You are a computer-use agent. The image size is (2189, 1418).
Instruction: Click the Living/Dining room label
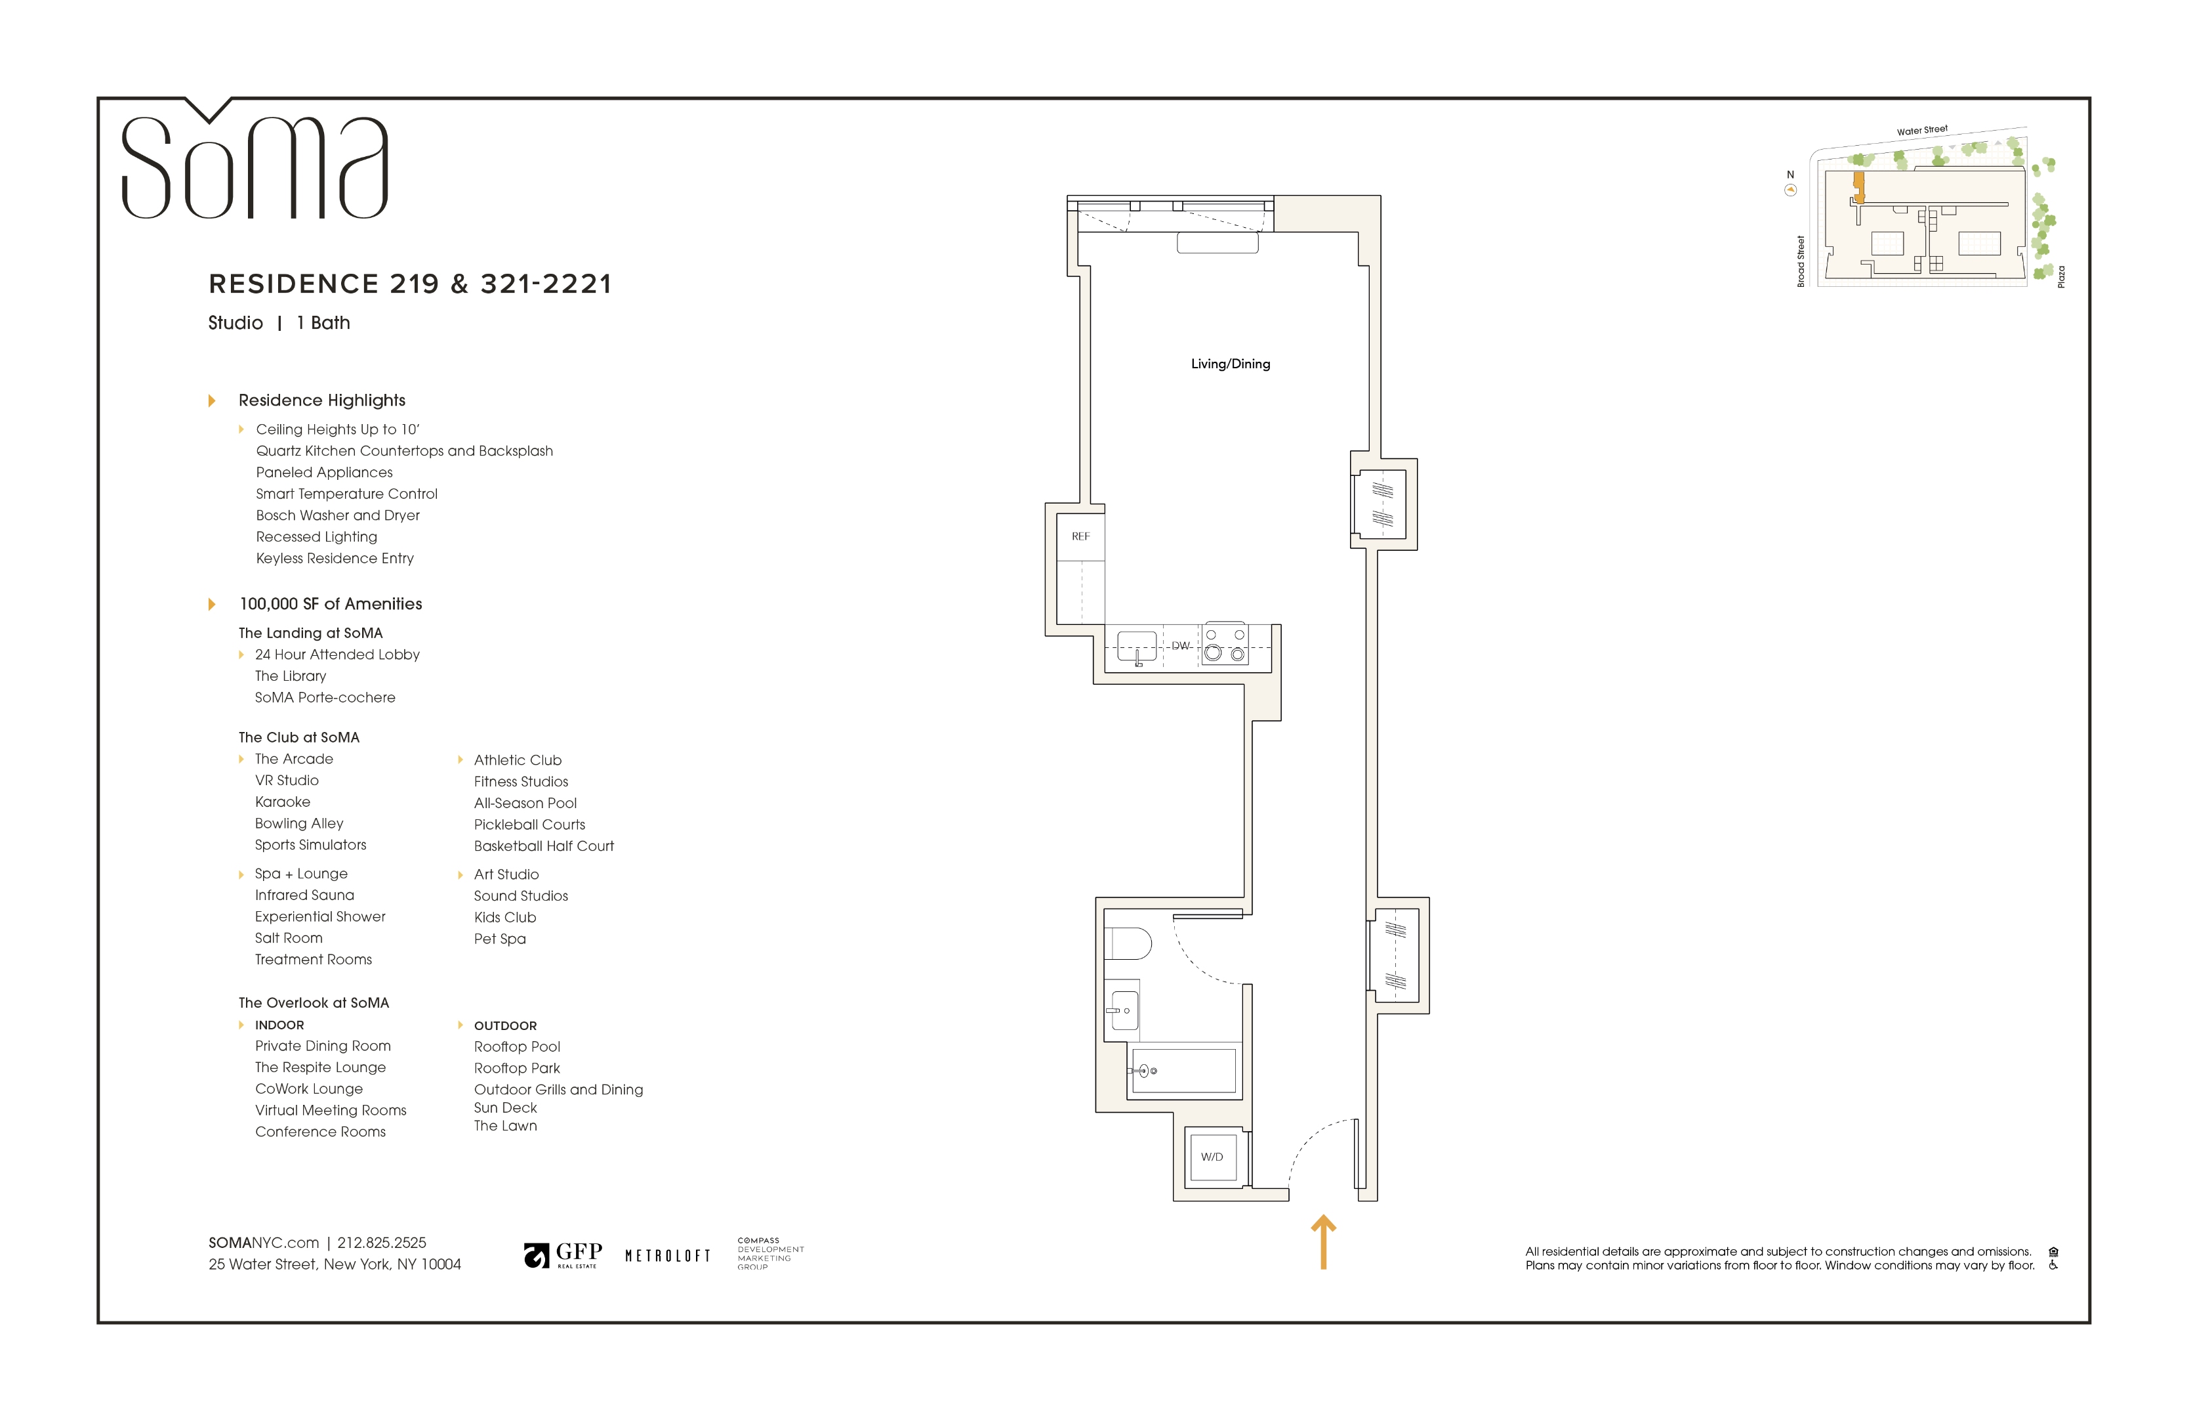point(1230,364)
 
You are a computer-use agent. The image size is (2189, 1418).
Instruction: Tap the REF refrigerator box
point(1080,536)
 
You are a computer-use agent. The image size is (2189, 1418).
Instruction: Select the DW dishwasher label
point(1180,645)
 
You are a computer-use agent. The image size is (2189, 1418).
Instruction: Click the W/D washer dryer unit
point(1212,1157)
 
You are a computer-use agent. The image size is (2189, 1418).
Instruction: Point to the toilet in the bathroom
point(1128,944)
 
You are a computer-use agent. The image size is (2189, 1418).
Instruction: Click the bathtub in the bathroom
point(1184,1070)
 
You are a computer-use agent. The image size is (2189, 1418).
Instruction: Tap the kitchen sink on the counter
point(1137,646)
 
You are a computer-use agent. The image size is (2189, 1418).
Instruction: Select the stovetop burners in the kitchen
point(1225,645)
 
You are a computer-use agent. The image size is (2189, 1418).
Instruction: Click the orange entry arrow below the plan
point(1322,1242)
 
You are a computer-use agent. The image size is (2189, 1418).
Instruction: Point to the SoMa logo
point(255,165)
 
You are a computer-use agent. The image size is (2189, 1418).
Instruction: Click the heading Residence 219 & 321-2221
point(410,284)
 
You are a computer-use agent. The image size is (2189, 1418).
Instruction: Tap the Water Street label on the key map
point(1921,131)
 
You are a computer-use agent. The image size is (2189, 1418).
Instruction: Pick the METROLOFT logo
point(668,1255)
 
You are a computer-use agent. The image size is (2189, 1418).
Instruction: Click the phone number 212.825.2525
point(382,1242)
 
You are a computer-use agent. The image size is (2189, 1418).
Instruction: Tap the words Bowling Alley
point(299,824)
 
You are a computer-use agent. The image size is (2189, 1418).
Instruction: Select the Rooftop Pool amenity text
point(517,1046)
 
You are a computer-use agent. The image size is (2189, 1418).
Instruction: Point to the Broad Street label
point(1801,261)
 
